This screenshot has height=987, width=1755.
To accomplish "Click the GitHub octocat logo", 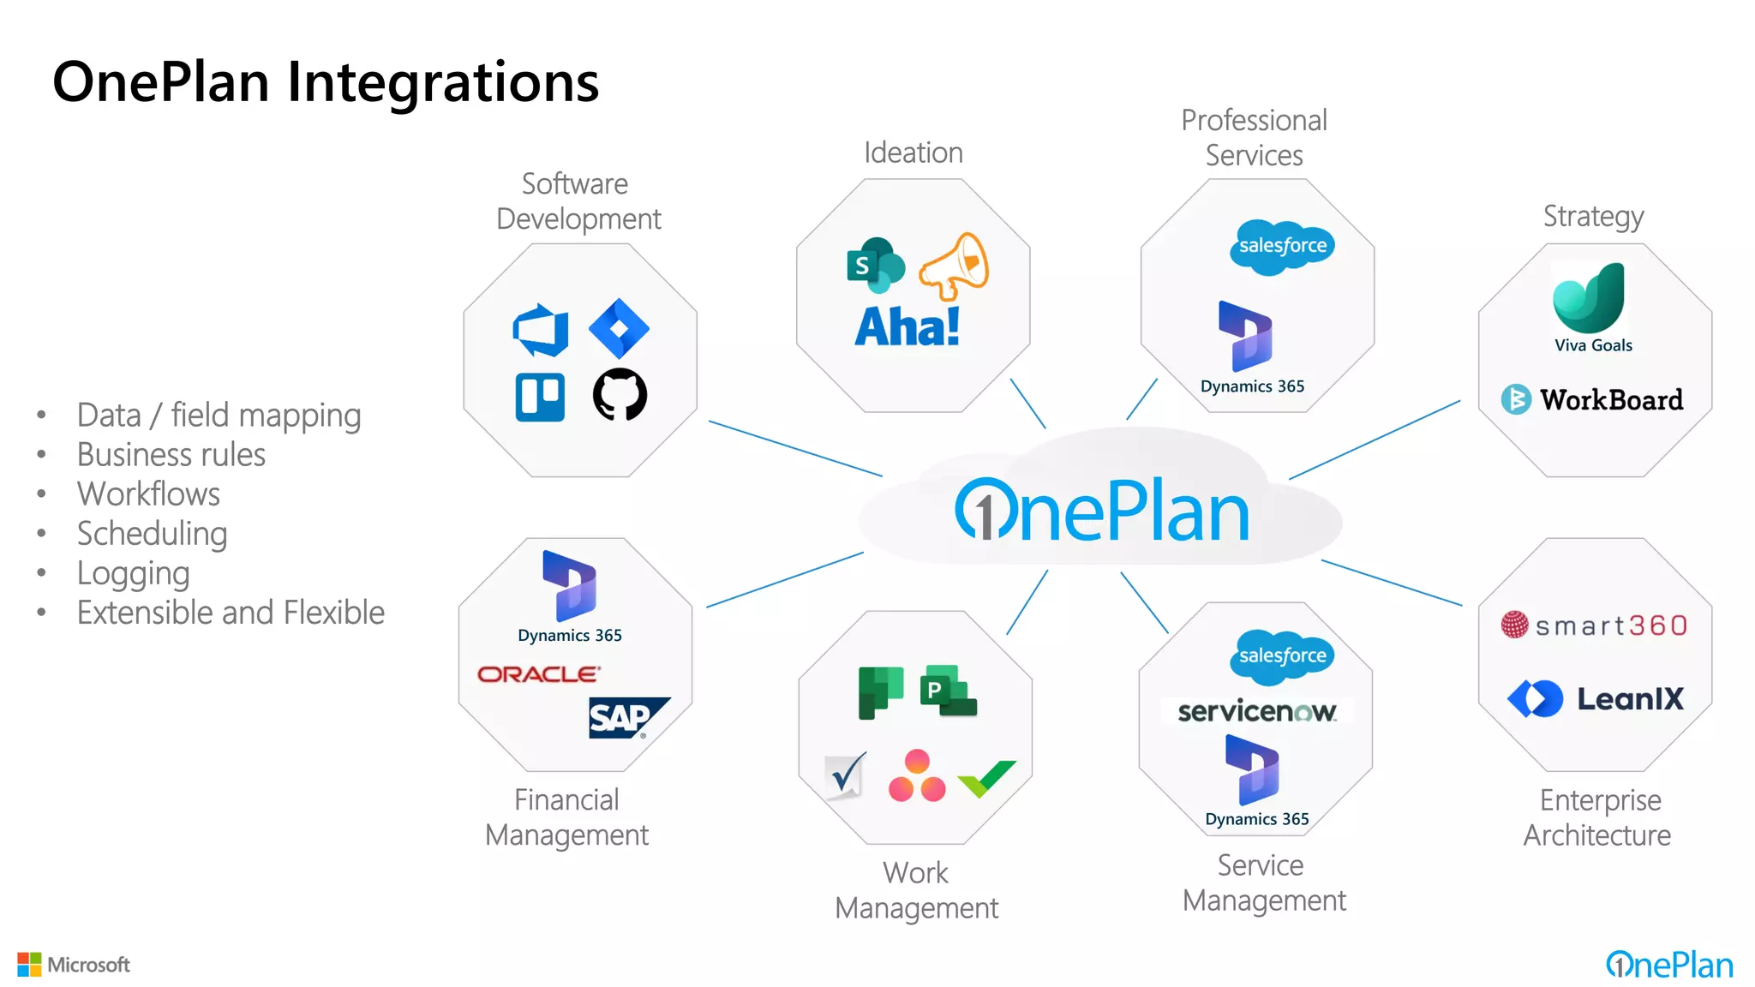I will (620, 395).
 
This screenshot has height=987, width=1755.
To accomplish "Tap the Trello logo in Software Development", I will (540, 397).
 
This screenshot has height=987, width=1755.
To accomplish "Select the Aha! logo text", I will (907, 326).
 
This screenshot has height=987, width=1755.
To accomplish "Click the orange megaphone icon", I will (955, 266).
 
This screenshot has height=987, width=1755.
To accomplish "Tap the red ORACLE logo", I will (538, 674).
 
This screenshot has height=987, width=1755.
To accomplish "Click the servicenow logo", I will (1256, 711).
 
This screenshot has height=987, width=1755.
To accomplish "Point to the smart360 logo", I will (1595, 625).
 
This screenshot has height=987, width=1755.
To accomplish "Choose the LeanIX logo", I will (1596, 698).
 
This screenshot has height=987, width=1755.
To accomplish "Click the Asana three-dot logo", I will (916, 776).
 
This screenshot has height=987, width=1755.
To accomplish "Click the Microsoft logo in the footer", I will (74, 965).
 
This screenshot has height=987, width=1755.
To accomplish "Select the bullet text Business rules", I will (171, 455).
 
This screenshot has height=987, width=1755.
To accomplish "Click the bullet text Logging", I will (133, 573).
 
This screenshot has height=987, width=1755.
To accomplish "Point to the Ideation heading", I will (913, 153).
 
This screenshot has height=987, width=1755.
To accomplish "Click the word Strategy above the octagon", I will (1593, 216).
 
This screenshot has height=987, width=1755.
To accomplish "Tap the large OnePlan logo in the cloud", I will (1102, 511).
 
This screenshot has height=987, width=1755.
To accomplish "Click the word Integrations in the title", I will (442, 82).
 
